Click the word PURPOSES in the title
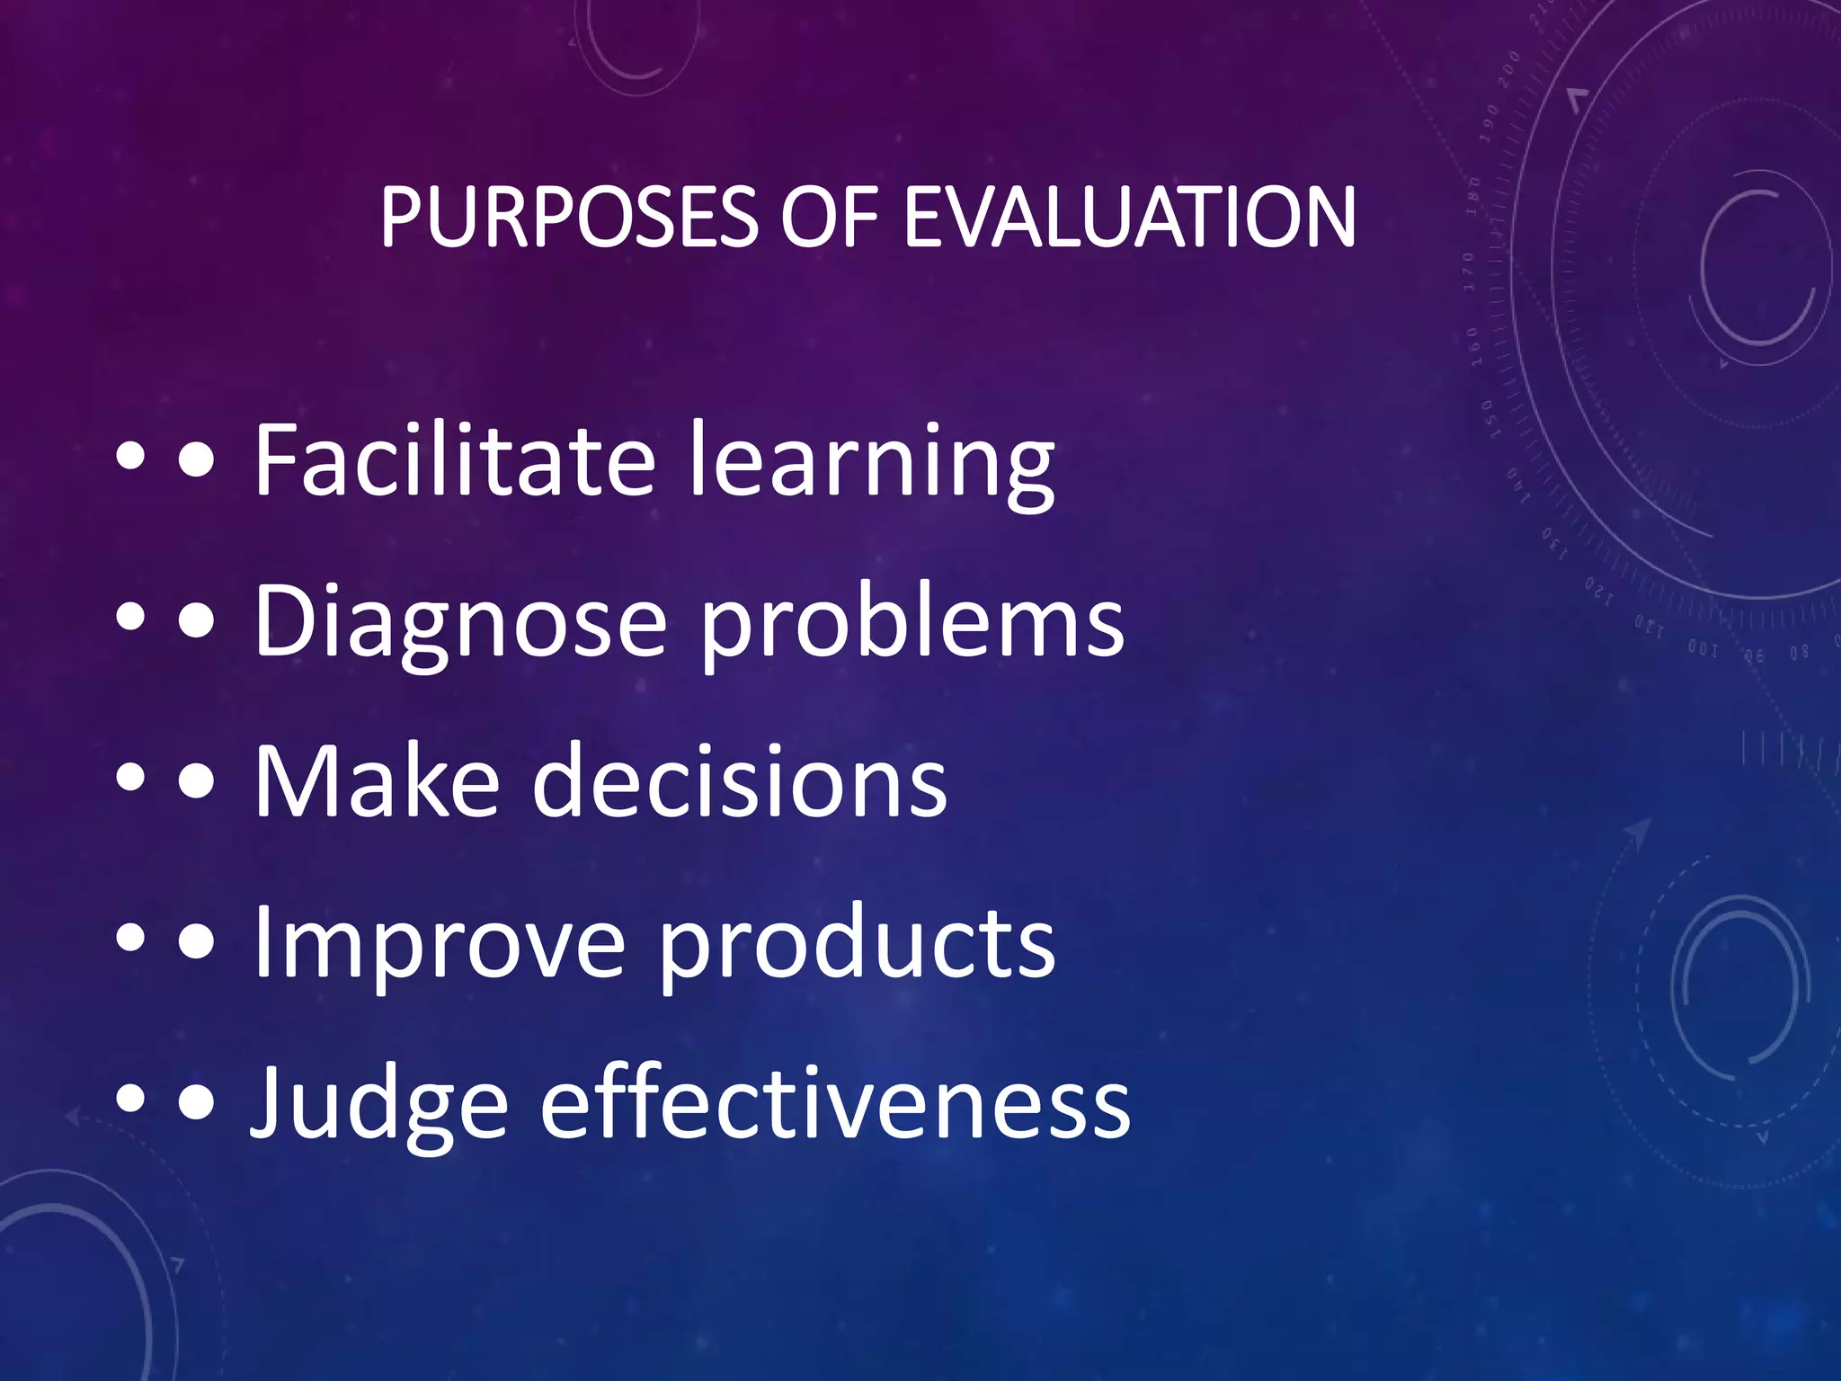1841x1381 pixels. (x=569, y=218)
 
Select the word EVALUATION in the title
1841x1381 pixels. (x=1129, y=218)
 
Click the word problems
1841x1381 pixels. (x=912, y=622)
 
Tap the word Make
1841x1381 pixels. (x=377, y=780)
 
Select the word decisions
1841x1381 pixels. (x=740, y=780)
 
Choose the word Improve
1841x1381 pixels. (x=439, y=944)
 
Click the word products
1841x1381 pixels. (x=857, y=944)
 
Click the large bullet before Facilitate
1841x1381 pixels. (x=197, y=461)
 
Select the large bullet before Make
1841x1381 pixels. (x=197, y=781)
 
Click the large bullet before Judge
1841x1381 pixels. (x=197, y=1101)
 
